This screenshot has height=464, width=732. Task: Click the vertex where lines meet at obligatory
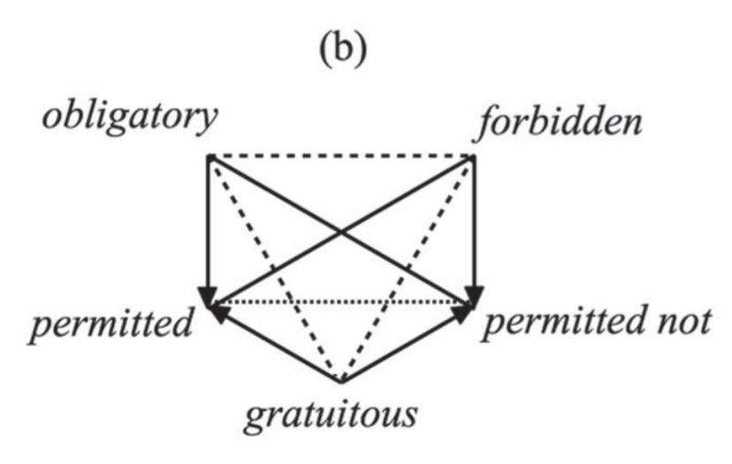(x=208, y=157)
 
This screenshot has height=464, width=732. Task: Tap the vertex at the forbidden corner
(x=475, y=157)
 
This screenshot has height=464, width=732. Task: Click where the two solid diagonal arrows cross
(x=341, y=231)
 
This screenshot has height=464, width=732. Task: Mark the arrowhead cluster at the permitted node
(x=212, y=300)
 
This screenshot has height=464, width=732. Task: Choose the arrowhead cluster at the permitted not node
(x=471, y=300)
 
